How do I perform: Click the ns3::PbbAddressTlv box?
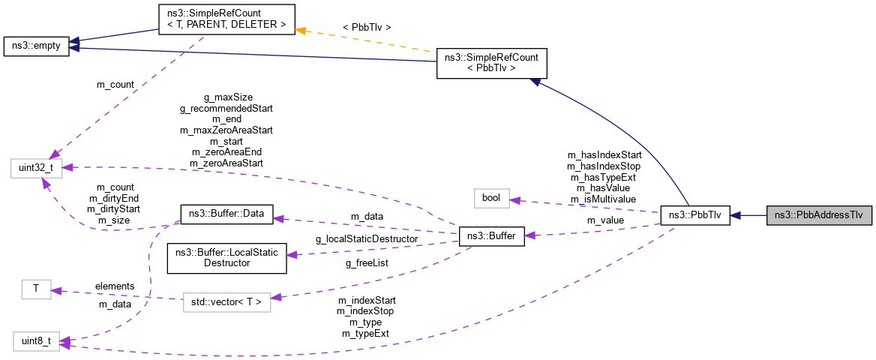(818, 215)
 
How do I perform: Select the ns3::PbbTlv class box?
(694, 215)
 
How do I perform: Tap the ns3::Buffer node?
(490, 236)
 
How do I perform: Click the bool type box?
(491, 199)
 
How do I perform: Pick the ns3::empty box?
(35, 46)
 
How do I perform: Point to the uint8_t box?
(35, 342)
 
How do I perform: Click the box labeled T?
(35, 289)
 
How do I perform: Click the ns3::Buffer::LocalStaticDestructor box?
(226, 257)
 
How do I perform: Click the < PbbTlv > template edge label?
(366, 28)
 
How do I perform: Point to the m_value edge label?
(604, 220)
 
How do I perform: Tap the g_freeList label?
(365, 275)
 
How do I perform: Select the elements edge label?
(114, 286)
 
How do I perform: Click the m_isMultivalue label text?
(603, 199)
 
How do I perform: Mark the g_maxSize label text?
(228, 97)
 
